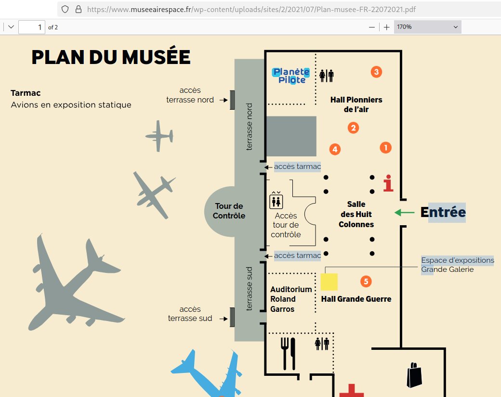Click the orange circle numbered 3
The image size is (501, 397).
point(376,72)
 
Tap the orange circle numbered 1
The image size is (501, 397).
point(385,148)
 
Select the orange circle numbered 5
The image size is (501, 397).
point(366,281)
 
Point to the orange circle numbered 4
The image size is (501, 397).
point(335,149)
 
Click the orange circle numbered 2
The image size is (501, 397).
point(353,128)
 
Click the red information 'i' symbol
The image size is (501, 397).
point(388,184)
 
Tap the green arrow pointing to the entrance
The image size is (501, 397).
point(404,212)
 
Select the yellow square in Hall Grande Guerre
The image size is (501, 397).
point(329,282)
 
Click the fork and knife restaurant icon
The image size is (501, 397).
point(288,353)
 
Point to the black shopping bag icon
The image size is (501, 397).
point(414,375)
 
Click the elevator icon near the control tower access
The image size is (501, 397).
point(277,200)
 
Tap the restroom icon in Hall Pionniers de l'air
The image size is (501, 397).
point(327,76)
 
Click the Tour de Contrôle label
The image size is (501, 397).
point(229,211)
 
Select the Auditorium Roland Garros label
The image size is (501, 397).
point(290,299)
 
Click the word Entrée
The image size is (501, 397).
point(443,212)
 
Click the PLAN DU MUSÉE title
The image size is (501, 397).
point(111,57)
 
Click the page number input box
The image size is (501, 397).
point(32,27)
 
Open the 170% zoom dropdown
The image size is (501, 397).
point(427,27)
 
